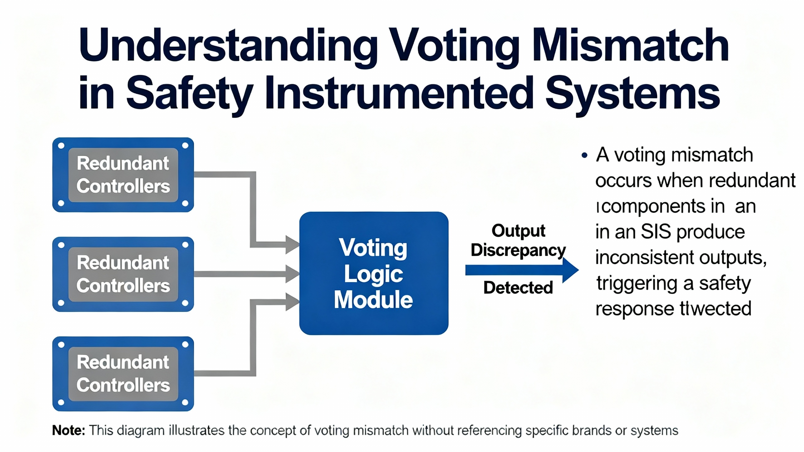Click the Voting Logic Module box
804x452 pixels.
pyautogui.click(x=373, y=273)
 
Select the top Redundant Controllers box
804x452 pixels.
pyautogui.click(x=123, y=175)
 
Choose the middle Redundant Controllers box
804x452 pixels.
pyautogui.click(x=123, y=274)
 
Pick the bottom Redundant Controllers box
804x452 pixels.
pyautogui.click(x=123, y=374)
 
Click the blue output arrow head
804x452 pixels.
pyautogui.click(x=570, y=270)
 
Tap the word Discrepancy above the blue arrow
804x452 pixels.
pyautogui.click(x=518, y=250)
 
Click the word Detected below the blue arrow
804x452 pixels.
pyautogui.click(x=518, y=288)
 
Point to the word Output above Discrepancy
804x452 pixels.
pyautogui.click(x=518, y=231)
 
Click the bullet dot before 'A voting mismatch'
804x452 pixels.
pyautogui.click(x=584, y=155)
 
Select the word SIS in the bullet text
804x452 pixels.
pyautogui.click(x=656, y=232)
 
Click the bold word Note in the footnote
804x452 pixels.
pyautogui.click(x=68, y=430)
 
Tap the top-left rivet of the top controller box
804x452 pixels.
pyautogui.click(x=62, y=146)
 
